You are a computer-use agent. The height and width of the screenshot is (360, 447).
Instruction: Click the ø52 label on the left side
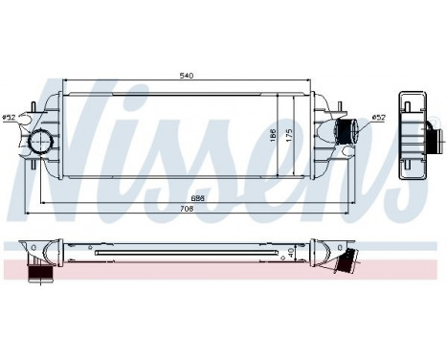pyautogui.click(x=9, y=118)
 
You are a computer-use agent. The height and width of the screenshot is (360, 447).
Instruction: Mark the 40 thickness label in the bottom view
pyautogui.click(x=290, y=252)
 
